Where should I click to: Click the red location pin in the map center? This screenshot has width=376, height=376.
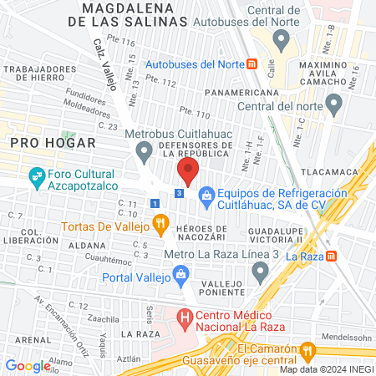click(187, 172)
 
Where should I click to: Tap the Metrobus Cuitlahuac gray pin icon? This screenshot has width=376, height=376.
click(145, 152)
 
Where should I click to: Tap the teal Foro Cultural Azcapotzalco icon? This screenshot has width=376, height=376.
click(37, 175)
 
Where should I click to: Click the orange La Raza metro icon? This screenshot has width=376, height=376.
click(332, 256)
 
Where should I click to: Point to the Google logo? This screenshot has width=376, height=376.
click(28, 365)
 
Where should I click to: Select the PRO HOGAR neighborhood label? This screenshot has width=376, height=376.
click(43, 143)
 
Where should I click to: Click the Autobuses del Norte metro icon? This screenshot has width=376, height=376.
click(251, 64)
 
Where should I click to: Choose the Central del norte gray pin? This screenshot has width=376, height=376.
click(334, 104)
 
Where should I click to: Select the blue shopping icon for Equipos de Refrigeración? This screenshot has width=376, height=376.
click(206, 195)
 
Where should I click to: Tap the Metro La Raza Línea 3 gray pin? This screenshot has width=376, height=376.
click(261, 269)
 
